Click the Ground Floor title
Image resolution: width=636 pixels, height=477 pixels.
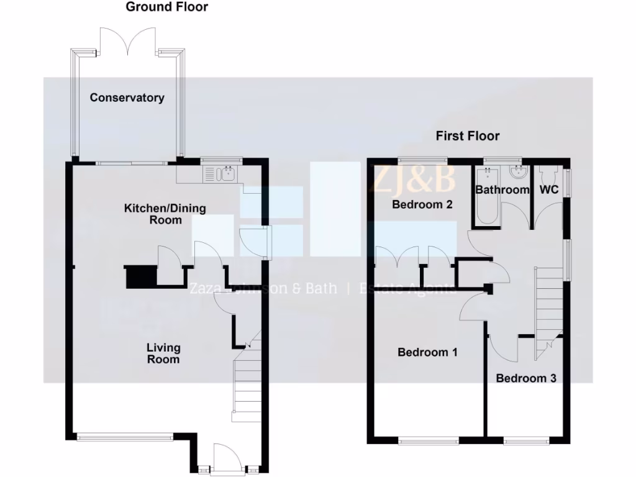point(167,7)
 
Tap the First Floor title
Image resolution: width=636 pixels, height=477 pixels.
point(467,136)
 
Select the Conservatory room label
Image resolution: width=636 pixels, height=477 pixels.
point(127,98)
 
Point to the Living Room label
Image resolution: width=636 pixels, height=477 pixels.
point(163,353)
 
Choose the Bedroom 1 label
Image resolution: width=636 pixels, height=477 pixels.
point(427,352)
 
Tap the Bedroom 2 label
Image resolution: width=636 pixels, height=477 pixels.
point(422,204)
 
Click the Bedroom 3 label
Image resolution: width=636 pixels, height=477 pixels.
point(525,378)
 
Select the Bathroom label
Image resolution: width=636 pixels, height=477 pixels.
point(502,189)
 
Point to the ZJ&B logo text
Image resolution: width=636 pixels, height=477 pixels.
point(413,179)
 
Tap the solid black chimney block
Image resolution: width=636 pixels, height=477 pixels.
point(139,277)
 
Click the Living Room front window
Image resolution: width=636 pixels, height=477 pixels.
point(124,437)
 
